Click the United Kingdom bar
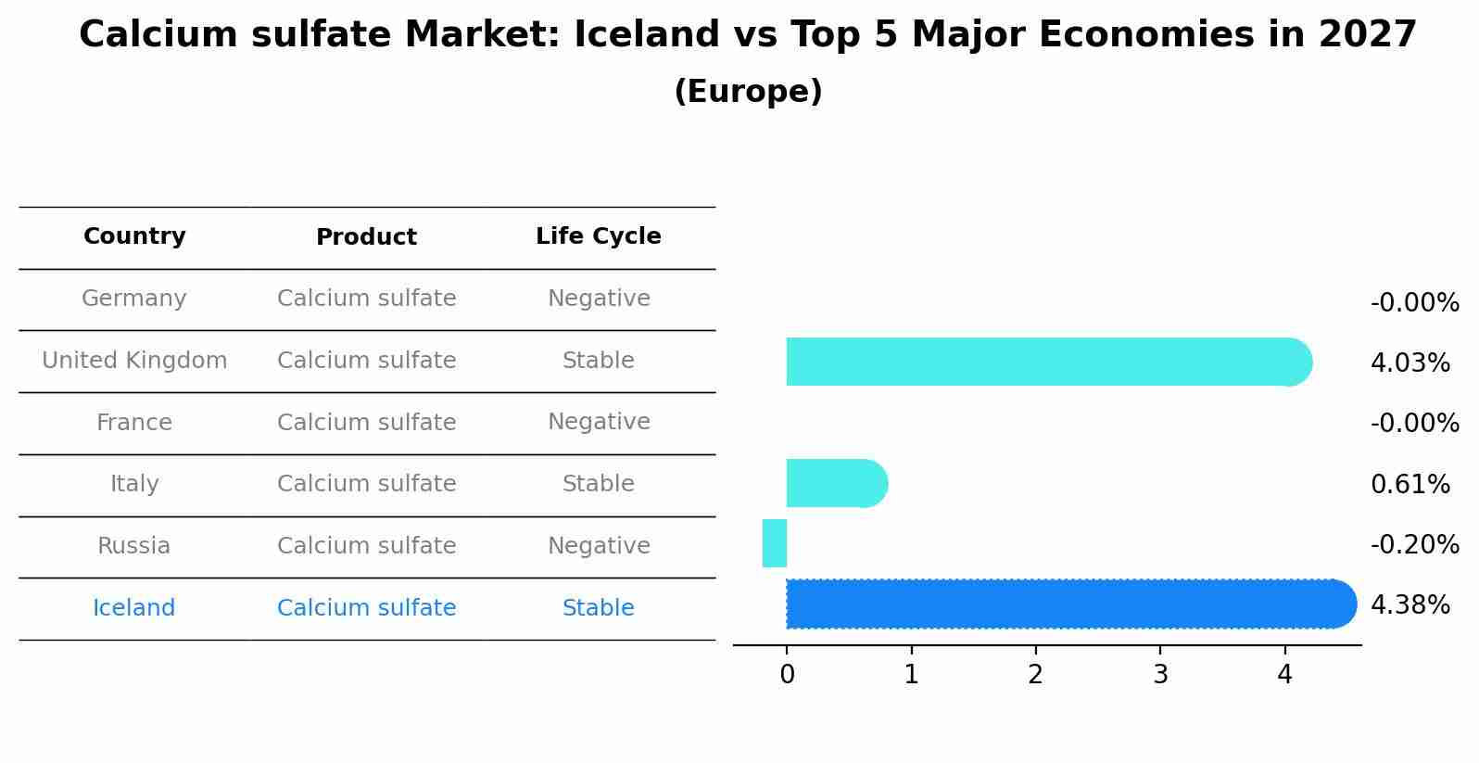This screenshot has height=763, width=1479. tap(1047, 362)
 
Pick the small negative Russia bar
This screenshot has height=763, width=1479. tap(775, 543)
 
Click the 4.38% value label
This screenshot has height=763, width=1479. tap(1409, 605)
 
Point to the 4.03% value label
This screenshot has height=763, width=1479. tap(1409, 362)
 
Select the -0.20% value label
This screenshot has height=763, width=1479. tap(1414, 544)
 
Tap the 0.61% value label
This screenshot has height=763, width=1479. tap(1409, 484)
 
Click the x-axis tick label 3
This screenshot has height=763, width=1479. tap(1160, 675)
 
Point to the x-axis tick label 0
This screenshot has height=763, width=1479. tap(787, 675)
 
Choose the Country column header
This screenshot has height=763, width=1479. tap(134, 236)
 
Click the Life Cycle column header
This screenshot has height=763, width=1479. tap(598, 236)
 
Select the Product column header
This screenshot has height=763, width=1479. tap(366, 237)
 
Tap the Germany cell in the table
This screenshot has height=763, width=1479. tap(134, 299)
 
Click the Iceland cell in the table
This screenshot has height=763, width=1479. tap(134, 608)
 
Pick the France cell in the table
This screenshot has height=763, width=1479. tap(134, 423)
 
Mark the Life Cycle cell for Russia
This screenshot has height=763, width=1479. tap(598, 546)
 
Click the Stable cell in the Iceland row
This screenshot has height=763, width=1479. tap(598, 608)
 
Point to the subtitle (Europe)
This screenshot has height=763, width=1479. tap(748, 92)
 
